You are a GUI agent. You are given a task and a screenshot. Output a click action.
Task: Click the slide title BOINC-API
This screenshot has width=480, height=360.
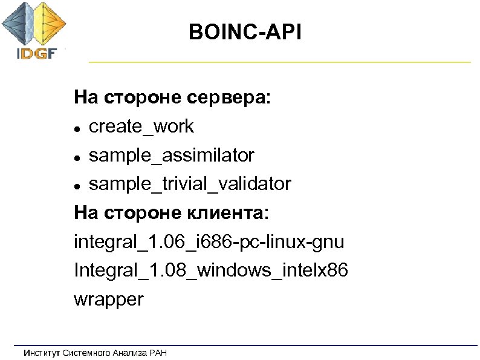[x=245, y=31]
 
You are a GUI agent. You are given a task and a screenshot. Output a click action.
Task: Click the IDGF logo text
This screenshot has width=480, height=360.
[x=36, y=53]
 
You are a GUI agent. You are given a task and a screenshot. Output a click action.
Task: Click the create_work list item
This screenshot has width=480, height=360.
[x=141, y=126]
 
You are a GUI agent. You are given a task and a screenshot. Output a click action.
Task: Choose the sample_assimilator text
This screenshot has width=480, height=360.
[x=172, y=155]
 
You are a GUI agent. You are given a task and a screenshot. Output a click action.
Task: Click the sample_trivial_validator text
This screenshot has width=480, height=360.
[x=190, y=184]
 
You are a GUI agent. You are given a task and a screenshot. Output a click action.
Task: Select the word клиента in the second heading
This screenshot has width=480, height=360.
[x=232, y=213]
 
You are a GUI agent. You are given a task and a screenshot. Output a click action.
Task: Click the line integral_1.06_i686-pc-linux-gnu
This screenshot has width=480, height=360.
[x=209, y=242]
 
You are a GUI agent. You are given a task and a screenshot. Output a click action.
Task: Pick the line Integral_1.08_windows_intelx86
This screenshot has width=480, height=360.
[x=211, y=270]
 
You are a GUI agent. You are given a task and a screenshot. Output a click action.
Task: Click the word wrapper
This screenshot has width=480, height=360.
[x=109, y=299]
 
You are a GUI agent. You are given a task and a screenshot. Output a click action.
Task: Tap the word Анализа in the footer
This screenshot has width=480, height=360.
[x=131, y=353]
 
